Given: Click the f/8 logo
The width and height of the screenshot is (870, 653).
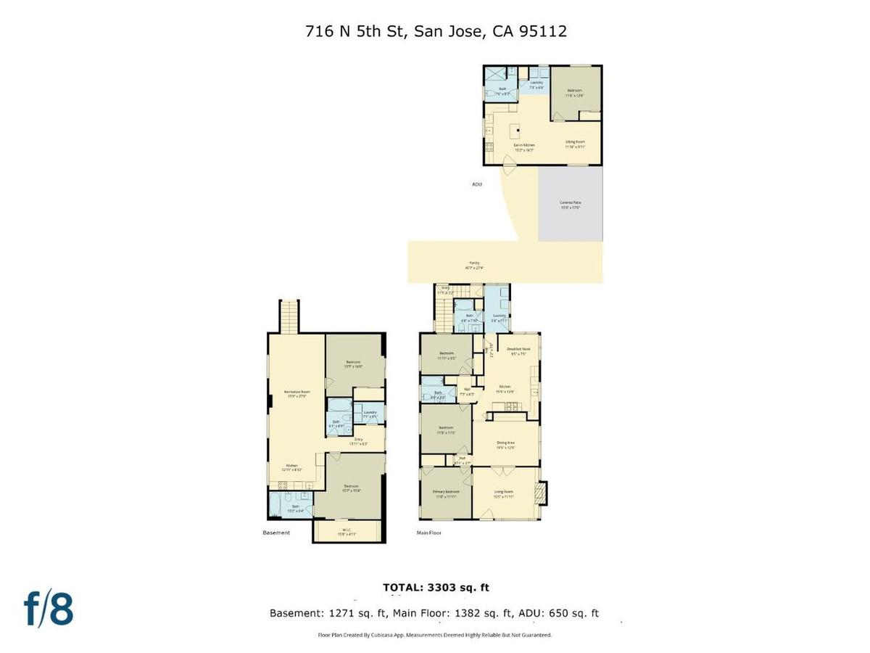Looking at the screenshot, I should click(x=49, y=609).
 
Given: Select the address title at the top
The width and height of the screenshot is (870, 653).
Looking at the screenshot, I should click(x=435, y=31).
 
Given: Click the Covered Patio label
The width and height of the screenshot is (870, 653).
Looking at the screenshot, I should click(x=570, y=205).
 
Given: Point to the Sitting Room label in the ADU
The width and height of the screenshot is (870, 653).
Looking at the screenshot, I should click(x=575, y=144).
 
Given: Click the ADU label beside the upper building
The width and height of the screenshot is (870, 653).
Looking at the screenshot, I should click(x=476, y=184).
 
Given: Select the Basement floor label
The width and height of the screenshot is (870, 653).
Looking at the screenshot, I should click(x=276, y=533).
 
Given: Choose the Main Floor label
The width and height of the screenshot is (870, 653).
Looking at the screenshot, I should click(x=429, y=533).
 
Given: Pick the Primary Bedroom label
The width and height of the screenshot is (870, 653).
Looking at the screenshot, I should click(x=446, y=494).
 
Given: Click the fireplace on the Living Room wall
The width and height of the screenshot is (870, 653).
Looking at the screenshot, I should click(x=539, y=493).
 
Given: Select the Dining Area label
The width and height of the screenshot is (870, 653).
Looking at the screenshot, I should click(x=505, y=444).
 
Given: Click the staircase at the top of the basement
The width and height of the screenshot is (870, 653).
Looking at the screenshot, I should click(x=289, y=316).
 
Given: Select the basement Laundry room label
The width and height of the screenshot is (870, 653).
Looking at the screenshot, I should click(x=370, y=414).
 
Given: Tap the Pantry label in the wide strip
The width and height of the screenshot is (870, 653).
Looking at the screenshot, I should click(x=474, y=264).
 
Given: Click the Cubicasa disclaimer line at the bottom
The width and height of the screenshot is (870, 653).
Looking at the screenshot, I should click(x=435, y=635).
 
